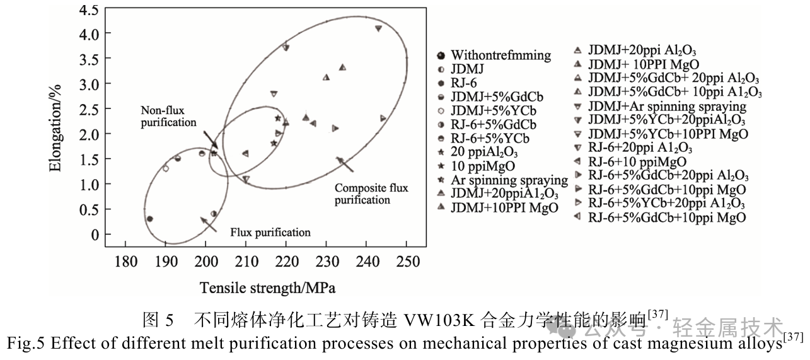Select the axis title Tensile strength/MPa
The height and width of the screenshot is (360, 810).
[x=267, y=288]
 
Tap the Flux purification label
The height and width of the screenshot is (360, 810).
[x=270, y=232]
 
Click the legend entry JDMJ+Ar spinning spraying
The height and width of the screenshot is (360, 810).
[x=667, y=107]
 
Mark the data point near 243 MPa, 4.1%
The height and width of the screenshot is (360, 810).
[x=378, y=28]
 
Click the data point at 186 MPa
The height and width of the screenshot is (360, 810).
[x=149, y=219]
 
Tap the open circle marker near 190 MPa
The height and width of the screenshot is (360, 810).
[x=166, y=168]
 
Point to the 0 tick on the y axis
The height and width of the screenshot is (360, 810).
[x=95, y=235]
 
